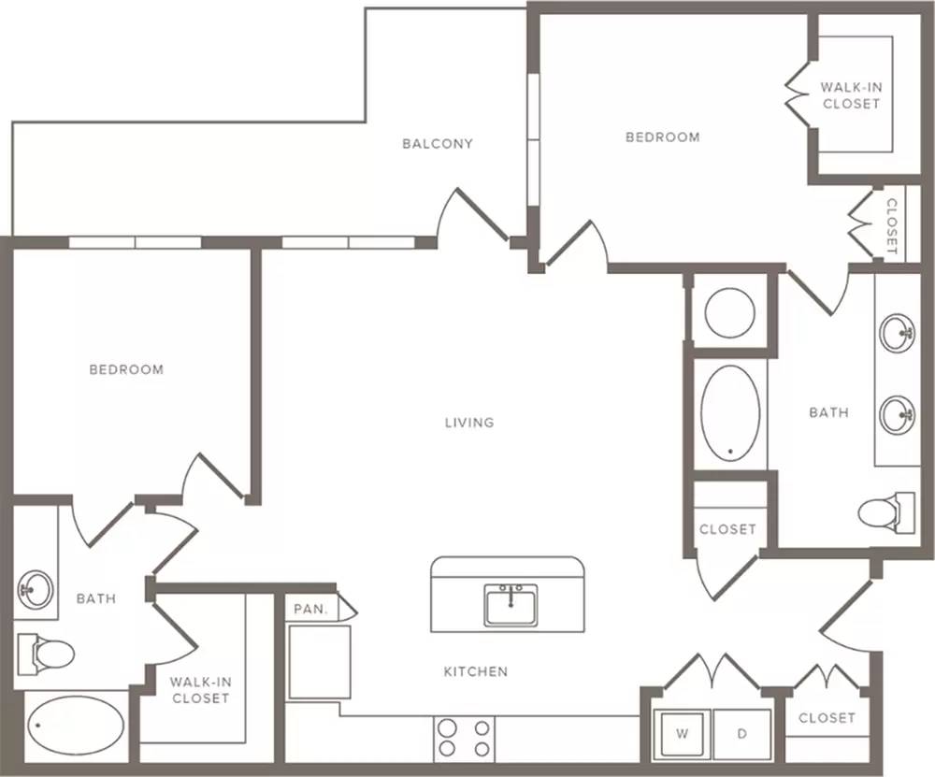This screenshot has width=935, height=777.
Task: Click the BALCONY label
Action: (x=437, y=144)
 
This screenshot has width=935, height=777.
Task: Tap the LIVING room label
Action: (x=469, y=423)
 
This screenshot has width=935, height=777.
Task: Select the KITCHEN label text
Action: (x=476, y=672)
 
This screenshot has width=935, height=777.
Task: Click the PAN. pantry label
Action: (x=311, y=610)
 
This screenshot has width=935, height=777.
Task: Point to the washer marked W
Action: (x=683, y=733)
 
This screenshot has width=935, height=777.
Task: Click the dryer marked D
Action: (x=741, y=733)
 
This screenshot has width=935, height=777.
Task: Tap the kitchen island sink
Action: (x=511, y=605)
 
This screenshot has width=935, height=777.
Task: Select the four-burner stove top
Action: (x=465, y=739)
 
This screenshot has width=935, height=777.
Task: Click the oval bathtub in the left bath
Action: (x=77, y=726)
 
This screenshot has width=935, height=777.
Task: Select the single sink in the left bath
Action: (x=36, y=589)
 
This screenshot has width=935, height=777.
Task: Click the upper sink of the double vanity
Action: (x=898, y=331)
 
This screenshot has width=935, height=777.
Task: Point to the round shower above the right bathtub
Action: (x=730, y=313)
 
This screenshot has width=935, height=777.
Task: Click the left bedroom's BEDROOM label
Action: (x=126, y=369)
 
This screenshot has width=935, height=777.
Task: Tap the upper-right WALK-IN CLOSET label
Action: (x=852, y=95)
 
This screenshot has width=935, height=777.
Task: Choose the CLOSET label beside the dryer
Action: (x=827, y=718)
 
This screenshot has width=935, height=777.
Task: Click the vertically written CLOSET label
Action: (x=891, y=226)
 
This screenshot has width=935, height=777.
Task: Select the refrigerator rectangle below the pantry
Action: (x=319, y=662)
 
